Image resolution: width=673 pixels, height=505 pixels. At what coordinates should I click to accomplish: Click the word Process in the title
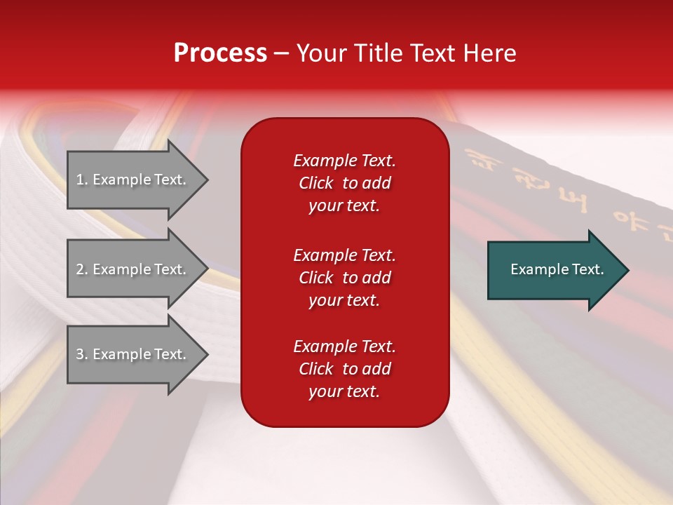(x=220, y=53)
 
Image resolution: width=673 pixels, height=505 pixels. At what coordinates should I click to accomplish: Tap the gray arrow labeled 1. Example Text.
(x=133, y=180)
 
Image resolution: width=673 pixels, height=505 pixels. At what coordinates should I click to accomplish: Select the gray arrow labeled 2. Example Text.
(x=133, y=269)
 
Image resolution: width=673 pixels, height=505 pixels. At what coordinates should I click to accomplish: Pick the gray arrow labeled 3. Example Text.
(x=133, y=354)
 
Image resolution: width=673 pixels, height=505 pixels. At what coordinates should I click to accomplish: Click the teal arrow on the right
(x=554, y=269)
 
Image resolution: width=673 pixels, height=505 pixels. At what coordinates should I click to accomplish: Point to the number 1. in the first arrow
(x=82, y=180)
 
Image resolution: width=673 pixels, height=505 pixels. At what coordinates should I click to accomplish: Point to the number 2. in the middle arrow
(x=82, y=269)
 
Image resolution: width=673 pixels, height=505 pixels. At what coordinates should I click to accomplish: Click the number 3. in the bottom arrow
(x=82, y=354)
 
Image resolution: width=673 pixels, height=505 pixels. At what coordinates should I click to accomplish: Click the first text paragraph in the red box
(x=344, y=183)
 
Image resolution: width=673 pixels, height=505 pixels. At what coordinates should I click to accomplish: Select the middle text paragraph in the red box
(x=344, y=278)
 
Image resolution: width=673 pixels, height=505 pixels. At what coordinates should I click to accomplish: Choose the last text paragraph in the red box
(x=344, y=369)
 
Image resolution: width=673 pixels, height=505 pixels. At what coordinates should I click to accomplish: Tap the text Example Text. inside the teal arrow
(x=557, y=269)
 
